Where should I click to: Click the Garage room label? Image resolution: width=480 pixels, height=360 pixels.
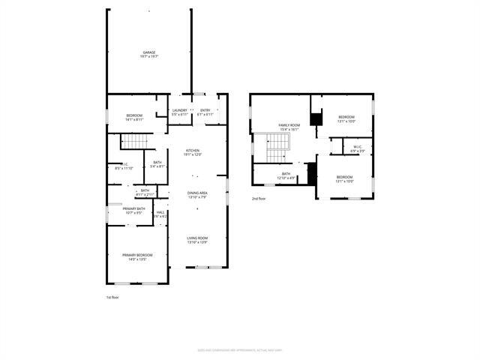point(149,54)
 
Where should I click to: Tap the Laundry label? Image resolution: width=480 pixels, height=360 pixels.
point(179,112)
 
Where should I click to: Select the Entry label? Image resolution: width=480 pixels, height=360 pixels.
point(205,112)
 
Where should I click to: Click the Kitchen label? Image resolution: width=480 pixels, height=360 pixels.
point(193,152)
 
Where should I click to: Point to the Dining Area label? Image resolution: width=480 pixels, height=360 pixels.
point(197,195)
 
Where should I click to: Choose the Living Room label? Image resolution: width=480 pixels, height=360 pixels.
point(197,240)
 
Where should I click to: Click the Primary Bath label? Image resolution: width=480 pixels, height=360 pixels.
point(134,210)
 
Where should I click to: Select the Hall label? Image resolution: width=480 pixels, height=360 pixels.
point(160,214)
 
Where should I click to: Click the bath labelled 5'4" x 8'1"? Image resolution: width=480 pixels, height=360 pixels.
point(157,164)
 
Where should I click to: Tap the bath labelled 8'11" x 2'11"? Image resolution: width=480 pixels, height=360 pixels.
point(145,193)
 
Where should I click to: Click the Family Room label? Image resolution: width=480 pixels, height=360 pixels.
point(289,127)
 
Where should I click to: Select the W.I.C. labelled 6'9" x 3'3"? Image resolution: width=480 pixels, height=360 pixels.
point(357,148)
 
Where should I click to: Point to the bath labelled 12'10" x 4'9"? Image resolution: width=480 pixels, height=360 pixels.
point(286,175)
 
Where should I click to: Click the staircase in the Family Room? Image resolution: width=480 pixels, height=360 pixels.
point(270,147)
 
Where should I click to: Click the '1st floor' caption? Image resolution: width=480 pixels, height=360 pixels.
point(112,298)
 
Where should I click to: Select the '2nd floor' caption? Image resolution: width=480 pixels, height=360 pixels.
point(259,198)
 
